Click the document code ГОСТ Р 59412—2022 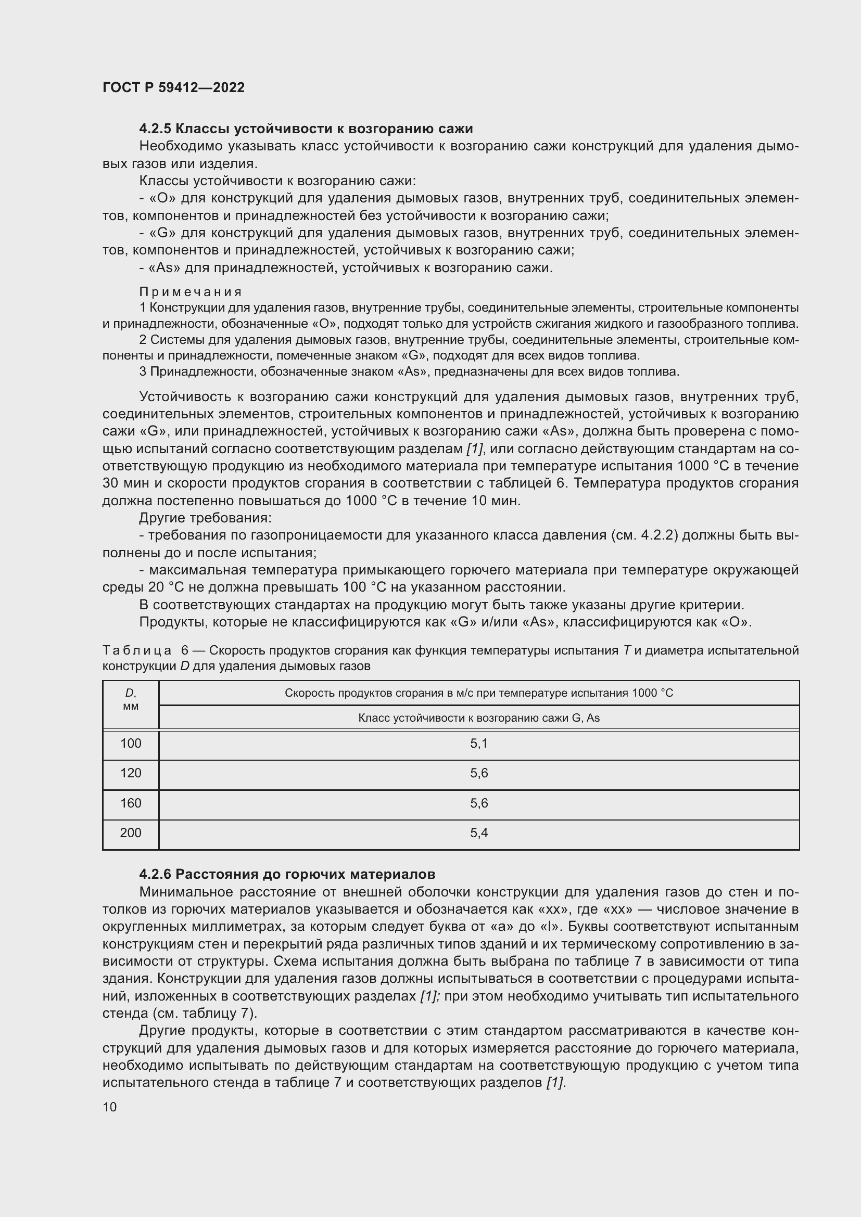pyautogui.click(x=173, y=87)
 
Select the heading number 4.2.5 pyautogui.click(x=155, y=129)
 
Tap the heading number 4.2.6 pyautogui.click(x=155, y=874)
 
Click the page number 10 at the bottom pyautogui.click(x=110, y=1107)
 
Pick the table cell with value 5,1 pyautogui.click(x=478, y=744)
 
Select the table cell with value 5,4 pyautogui.click(x=478, y=832)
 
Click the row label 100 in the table pyautogui.click(x=131, y=744)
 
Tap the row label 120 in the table pyautogui.click(x=131, y=773)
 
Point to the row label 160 pyautogui.click(x=131, y=803)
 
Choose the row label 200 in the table pyautogui.click(x=131, y=832)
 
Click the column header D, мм pyautogui.click(x=131, y=700)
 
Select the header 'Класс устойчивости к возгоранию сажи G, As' pyautogui.click(x=478, y=718)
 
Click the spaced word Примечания pyautogui.click(x=191, y=292)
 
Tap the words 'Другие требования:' pyautogui.click(x=205, y=518)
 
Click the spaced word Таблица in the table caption pyautogui.click(x=137, y=650)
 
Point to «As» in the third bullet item pyautogui.click(x=165, y=268)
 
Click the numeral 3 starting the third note pyautogui.click(x=143, y=371)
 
